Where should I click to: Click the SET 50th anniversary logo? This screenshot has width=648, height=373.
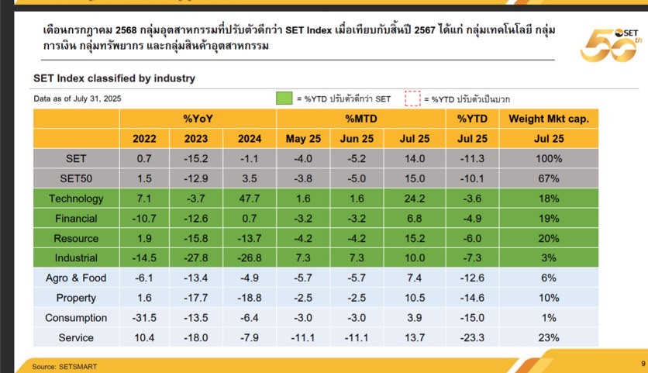coord(608,44)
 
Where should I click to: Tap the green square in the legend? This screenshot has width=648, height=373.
coord(283,98)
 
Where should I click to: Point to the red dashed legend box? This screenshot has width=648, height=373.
coord(412,98)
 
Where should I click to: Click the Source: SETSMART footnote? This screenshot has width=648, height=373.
coord(65,364)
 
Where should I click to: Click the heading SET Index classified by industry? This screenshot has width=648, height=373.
coord(114,78)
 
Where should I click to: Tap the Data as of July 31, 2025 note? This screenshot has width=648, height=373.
coord(77,98)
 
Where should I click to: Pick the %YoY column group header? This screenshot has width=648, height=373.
coord(198,119)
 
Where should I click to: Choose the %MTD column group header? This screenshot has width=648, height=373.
coord(361,119)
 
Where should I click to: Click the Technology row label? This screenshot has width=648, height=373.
coord(76,199)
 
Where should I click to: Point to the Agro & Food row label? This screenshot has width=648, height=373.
coord(76,278)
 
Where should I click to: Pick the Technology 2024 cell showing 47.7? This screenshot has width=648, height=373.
coord(250,199)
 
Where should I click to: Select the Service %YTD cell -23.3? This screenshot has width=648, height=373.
coord(472,338)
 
